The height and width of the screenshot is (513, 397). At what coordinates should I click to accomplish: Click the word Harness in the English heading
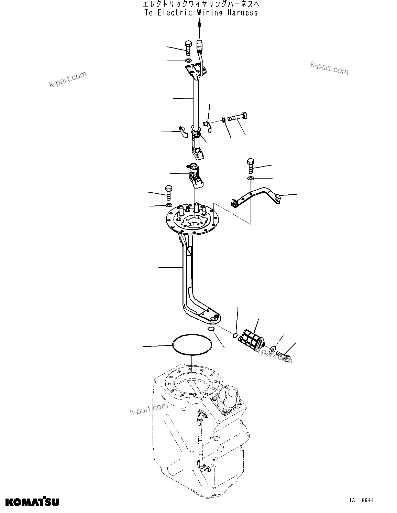(x=242, y=13)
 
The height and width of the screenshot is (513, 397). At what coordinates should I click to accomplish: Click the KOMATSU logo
(x=32, y=502)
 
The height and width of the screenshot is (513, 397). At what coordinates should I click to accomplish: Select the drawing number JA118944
(x=360, y=501)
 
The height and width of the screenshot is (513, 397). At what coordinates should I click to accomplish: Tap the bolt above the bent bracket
(x=250, y=165)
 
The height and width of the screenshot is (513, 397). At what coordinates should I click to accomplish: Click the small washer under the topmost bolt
(x=188, y=61)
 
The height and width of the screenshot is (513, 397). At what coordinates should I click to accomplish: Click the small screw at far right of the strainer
(x=284, y=353)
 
